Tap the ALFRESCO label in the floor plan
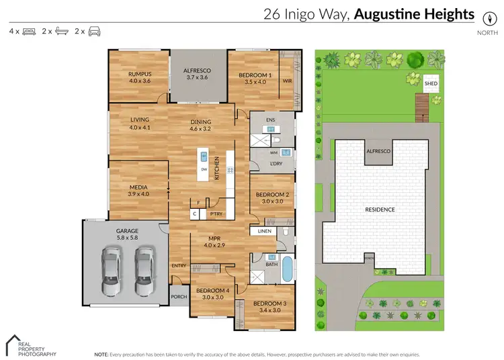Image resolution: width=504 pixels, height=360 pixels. [x=198, y=69]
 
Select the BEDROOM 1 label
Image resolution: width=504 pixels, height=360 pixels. [x=255, y=75]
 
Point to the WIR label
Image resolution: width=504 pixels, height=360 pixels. [x=287, y=81]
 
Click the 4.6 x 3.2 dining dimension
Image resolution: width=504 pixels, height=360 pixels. [x=200, y=128]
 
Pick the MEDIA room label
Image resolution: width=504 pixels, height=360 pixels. [x=138, y=187]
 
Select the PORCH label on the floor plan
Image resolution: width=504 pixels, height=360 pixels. [x=179, y=297]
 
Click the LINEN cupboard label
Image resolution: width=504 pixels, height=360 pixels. [x=264, y=232]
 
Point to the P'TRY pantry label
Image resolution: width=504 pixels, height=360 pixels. [x=216, y=214]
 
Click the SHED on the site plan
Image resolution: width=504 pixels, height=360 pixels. [x=431, y=84]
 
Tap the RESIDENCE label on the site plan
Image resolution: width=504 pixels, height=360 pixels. [x=380, y=210]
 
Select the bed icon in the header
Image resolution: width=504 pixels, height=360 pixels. [x=29, y=32]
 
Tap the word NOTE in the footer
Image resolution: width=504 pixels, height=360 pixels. [x=101, y=353]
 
